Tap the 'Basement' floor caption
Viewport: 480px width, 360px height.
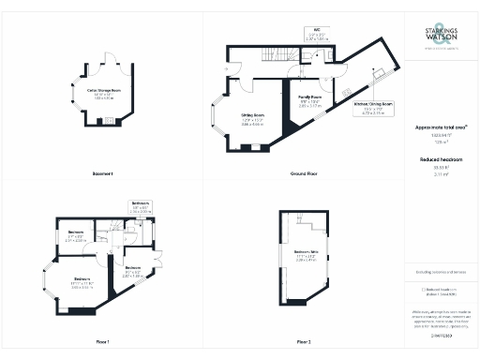[103, 174]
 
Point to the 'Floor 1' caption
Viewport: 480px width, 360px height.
[102, 341]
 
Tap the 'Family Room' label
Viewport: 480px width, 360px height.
[310, 97]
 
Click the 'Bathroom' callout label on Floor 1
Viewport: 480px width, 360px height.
[141, 203]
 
